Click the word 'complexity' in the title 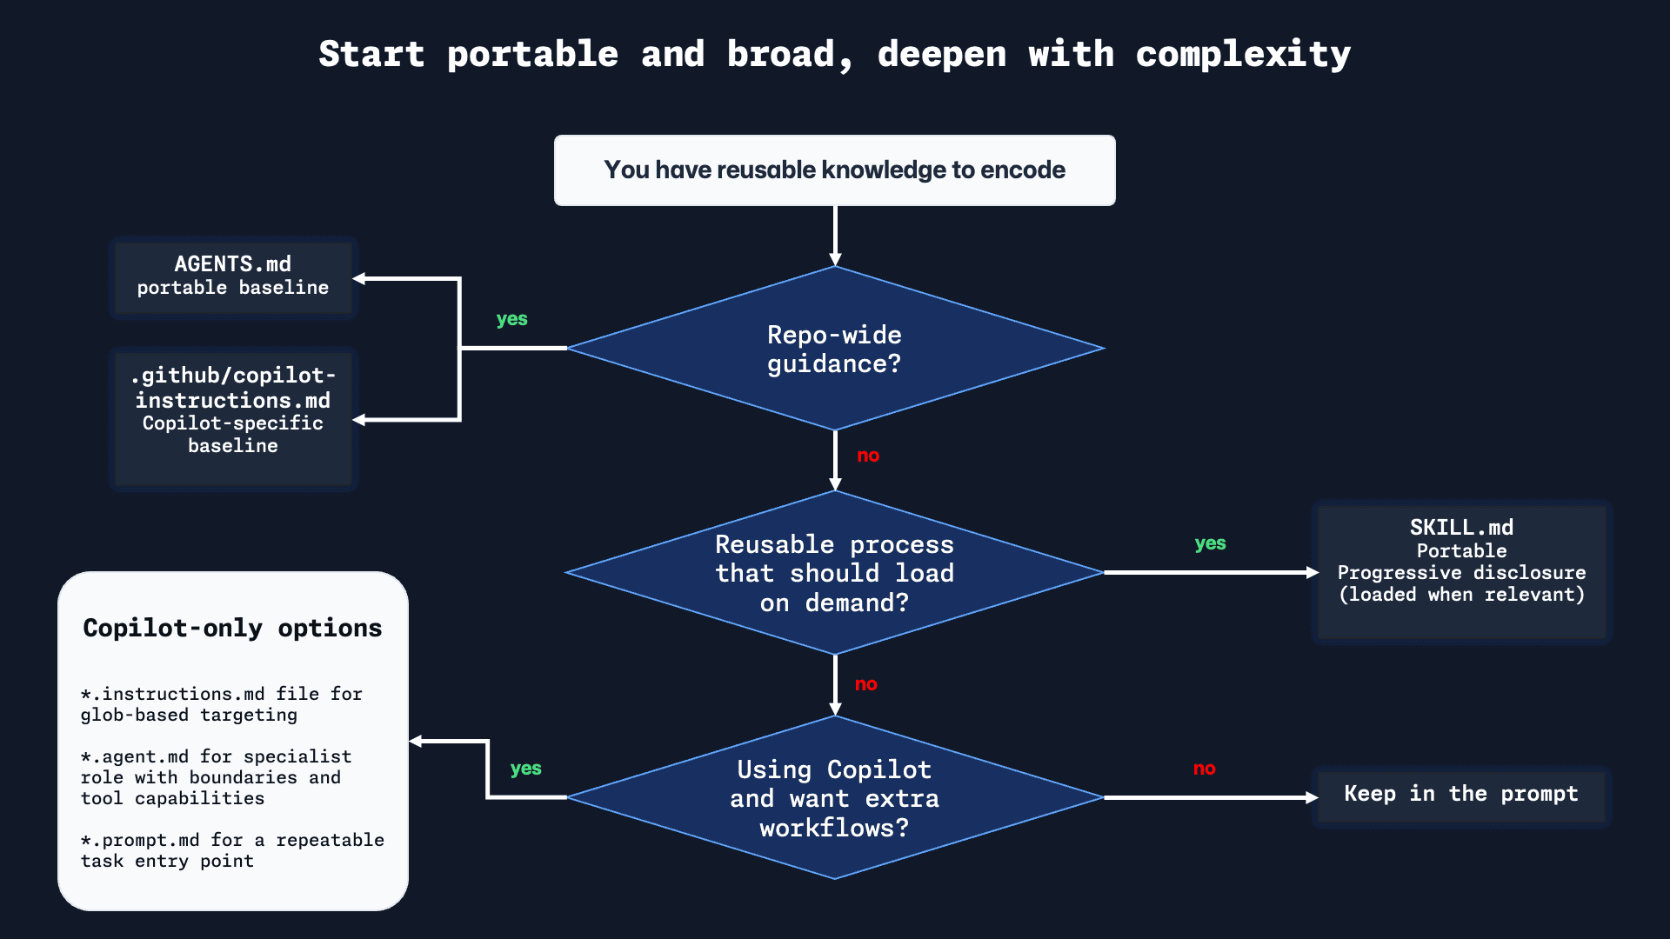(1243, 55)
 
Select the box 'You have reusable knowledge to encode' (834, 170)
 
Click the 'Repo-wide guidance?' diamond (834, 349)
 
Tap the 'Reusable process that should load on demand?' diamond (834, 573)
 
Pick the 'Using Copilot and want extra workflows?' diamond (834, 797)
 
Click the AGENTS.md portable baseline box (233, 276)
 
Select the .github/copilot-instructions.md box (233, 410)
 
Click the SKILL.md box (1461, 562)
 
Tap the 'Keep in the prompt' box (1461, 794)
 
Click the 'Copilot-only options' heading (232, 628)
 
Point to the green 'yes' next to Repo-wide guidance (511, 319)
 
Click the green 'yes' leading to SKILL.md (1210, 543)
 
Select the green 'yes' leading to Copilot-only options (525, 769)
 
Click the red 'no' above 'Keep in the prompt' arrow (1204, 769)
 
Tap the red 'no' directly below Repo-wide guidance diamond (868, 456)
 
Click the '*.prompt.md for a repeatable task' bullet (232, 850)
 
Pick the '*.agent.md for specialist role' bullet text (216, 777)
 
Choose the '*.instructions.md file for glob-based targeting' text (221, 704)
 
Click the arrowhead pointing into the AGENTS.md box (359, 278)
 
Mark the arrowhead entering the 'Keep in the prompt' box (1312, 797)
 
